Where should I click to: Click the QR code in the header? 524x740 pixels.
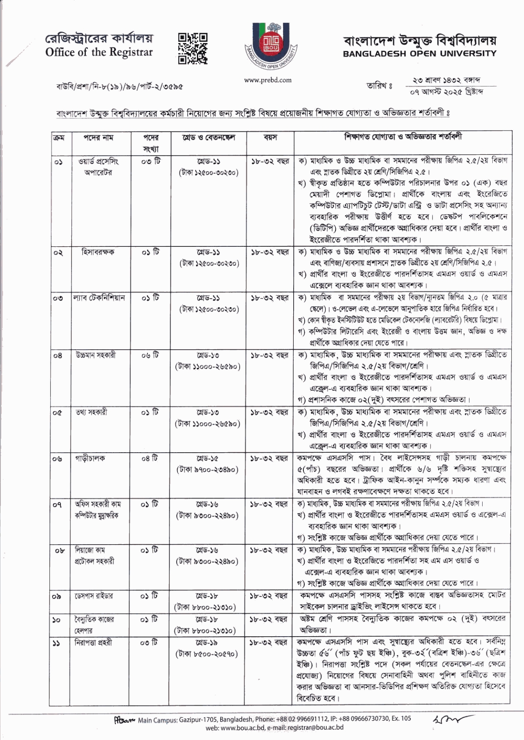click(193, 48)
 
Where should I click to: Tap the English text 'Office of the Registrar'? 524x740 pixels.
click(99, 53)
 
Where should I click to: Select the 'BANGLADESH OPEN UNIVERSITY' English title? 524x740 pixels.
click(419, 54)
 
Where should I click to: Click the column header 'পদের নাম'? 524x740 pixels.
click(98, 138)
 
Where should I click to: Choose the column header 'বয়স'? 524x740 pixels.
click(270, 138)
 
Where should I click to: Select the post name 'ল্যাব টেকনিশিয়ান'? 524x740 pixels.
click(99, 298)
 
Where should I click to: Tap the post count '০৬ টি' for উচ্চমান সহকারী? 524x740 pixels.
click(151, 355)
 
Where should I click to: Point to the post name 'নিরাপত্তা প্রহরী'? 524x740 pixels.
click(93, 643)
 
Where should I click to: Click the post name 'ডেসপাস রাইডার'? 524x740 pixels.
click(93, 596)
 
